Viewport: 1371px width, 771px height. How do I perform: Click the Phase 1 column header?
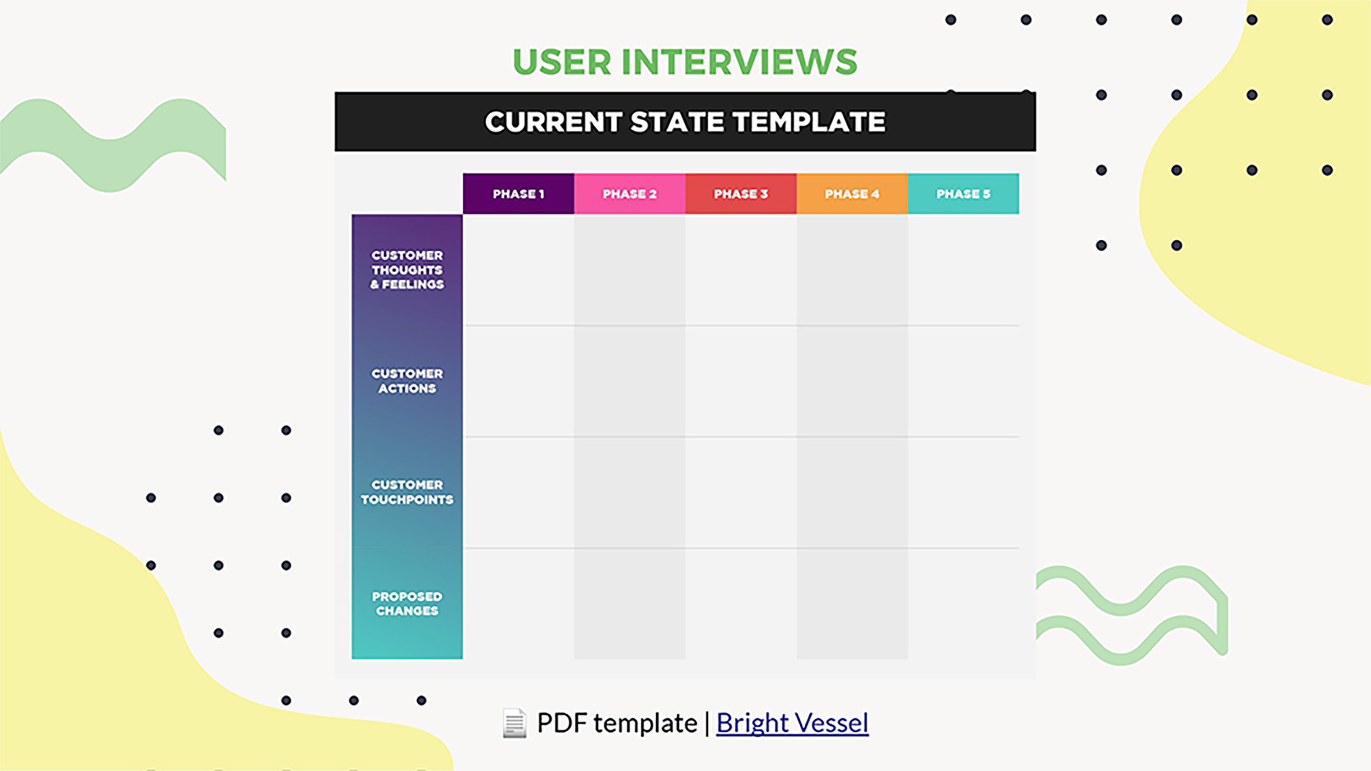518,194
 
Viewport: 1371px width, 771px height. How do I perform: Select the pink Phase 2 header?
630,194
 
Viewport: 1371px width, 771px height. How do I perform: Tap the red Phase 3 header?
741,194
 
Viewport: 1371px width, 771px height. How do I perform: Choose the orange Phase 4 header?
852,194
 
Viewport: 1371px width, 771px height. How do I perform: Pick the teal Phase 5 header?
963,194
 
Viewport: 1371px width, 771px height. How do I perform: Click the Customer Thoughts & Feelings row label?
407,270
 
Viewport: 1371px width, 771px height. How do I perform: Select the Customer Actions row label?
407,381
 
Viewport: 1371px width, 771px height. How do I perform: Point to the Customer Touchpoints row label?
407,492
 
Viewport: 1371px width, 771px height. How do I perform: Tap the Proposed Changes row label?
407,603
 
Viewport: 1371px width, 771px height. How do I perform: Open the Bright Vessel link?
792,723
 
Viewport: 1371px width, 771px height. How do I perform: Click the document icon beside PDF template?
514,723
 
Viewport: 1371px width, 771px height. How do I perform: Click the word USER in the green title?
562,62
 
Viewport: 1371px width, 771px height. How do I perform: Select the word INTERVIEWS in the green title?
739,62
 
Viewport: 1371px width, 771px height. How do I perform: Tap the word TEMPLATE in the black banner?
809,122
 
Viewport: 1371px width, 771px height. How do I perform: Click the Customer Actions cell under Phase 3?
741,381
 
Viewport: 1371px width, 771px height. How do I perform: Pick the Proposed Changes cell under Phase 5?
963,603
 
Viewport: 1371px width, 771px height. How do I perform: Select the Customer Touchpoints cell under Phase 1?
518,492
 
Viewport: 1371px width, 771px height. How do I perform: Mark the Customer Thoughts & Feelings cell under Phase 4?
852,270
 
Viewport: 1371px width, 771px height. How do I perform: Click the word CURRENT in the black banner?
553,122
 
